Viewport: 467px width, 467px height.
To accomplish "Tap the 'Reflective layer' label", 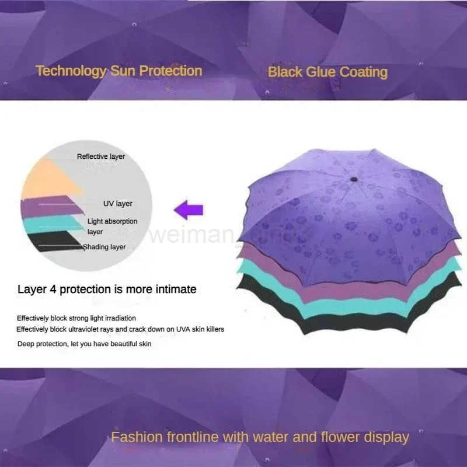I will [x=101, y=156].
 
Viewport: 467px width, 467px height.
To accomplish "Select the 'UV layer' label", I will [x=118, y=204].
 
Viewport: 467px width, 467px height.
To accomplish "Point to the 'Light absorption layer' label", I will [x=112, y=226].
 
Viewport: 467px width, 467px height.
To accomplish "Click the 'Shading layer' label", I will [x=104, y=247].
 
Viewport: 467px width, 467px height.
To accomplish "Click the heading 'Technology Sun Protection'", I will [x=119, y=71].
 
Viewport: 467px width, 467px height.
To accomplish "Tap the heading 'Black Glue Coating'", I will [x=327, y=72].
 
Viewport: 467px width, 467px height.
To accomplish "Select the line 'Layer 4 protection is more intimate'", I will [x=107, y=289].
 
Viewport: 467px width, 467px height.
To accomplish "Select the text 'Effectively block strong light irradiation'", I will [x=76, y=318].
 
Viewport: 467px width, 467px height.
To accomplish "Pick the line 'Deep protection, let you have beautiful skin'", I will [x=84, y=344].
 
